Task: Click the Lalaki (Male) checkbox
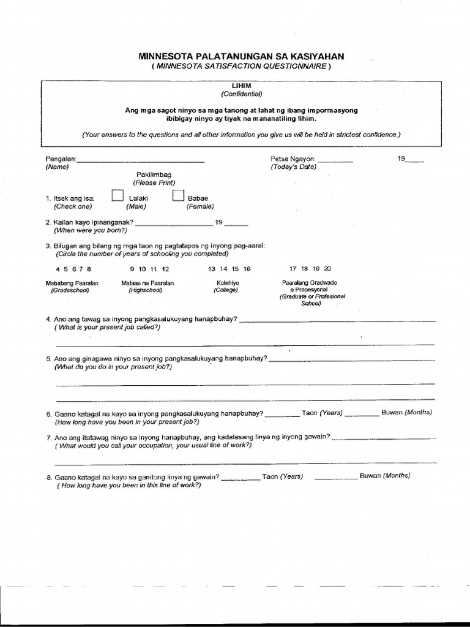[116, 196]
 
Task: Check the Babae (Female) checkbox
[178, 196]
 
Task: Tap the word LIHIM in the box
[241, 86]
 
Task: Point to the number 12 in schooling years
[165, 269]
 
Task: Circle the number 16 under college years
[247, 269]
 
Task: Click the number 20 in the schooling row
[327, 269]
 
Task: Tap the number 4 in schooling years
[58, 269]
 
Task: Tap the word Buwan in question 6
[392, 412]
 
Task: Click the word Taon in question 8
[270, 476]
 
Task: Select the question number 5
[48, 359]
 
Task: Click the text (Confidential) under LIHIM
[241, 94]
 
